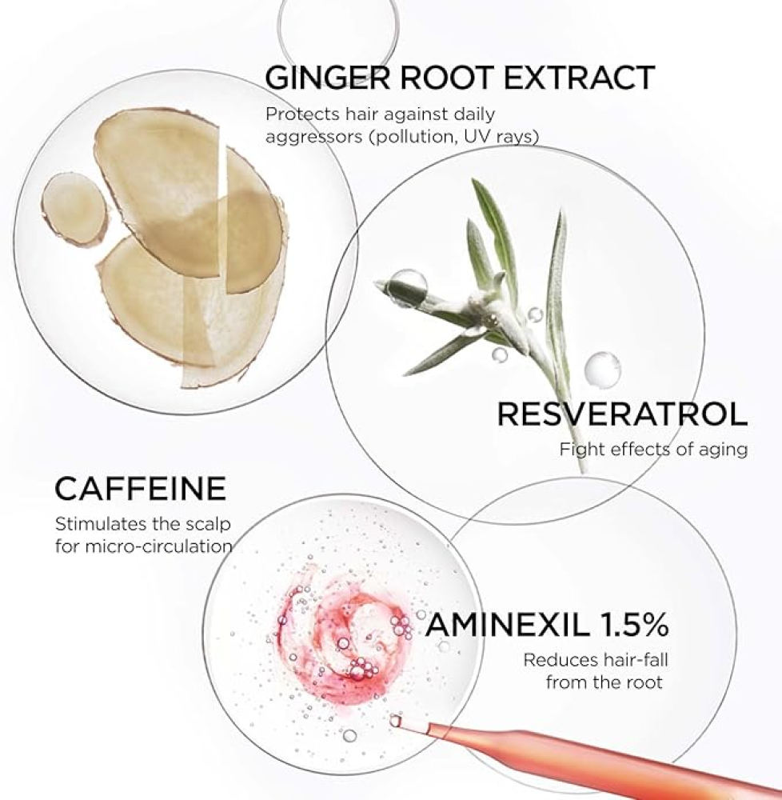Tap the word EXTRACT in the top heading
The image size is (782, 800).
[x=579, y=78]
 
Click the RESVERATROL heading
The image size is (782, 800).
[x=622, y=414]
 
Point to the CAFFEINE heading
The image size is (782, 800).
[x=140, y=488]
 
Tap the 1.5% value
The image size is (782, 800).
[x=633, y=625]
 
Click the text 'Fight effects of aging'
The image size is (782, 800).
[x=653, y=450]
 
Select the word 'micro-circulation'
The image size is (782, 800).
[x=158, y=546]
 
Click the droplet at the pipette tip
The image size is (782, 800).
[x=395, y=721]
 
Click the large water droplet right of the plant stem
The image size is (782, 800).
[x=603, y=368]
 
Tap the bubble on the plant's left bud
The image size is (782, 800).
[x=407, y=282]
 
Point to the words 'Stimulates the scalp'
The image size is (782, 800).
[x=143, y=523]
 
